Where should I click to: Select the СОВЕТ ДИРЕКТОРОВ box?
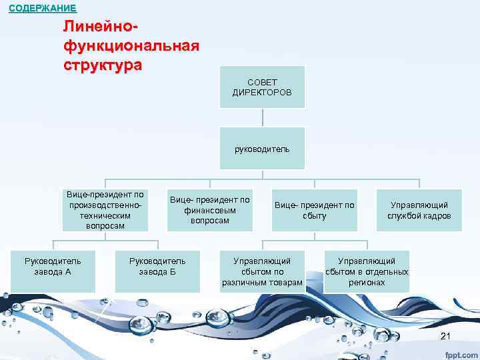pyautogui.click(x=262, y=87)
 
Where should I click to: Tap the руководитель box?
pyautogui.click(x=262, y=149)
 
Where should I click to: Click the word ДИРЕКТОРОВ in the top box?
pyautogui.click(x=262, y=92)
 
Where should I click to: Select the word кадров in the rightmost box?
pyautogui.click(x=437, y=216)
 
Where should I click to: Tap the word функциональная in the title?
pyautogui.click(x=131, y=47)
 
